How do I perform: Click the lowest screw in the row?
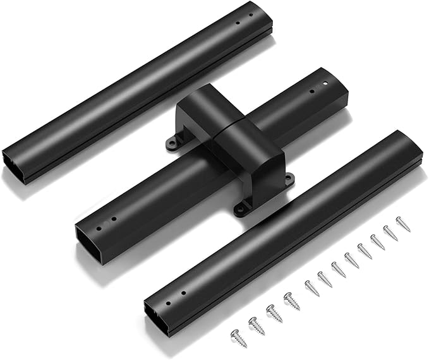(x=238, y=337)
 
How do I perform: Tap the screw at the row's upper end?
(x=402, y=224)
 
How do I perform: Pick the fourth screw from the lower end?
(x=292, y=301)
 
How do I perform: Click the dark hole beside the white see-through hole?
(x=312, y=92)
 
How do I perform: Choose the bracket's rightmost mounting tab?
(x=287, y=180)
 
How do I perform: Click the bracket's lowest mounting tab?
(x=242, y=208)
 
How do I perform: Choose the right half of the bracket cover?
(x=250, y=152)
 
